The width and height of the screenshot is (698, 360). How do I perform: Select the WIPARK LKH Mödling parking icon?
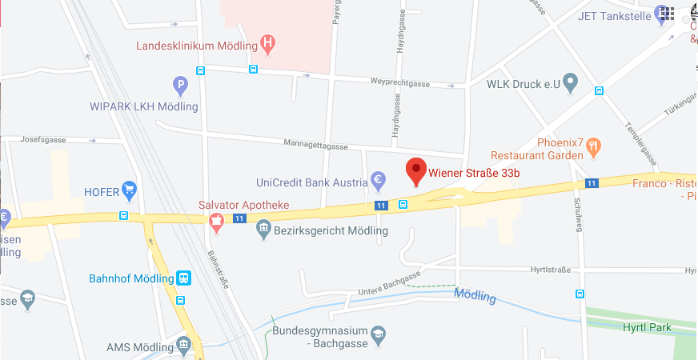tap(181, 84)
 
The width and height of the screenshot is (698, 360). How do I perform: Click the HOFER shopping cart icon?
tap(129, 190)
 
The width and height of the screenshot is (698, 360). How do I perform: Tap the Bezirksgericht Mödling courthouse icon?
tap(263, 231)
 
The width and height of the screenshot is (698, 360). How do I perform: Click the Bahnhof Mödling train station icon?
tap(184, 278)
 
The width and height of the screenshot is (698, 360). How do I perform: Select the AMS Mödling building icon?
tap(184, 346)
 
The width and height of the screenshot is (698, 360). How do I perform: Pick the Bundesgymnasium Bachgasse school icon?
tap(379, 333)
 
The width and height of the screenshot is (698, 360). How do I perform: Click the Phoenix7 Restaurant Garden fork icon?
tap(593, 146)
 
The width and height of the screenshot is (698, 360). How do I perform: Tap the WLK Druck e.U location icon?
tap(570, 82)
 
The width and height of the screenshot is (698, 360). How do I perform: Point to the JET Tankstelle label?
tap(614, 15)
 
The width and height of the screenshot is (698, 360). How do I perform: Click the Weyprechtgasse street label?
tap(400, 82)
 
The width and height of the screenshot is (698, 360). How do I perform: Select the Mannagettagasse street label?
tap(315, 146)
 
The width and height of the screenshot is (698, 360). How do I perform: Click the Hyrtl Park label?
tap(647, 327)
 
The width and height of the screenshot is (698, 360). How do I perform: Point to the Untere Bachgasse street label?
tap(389, 284)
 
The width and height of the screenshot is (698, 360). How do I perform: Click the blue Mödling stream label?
tap(475, 296)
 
